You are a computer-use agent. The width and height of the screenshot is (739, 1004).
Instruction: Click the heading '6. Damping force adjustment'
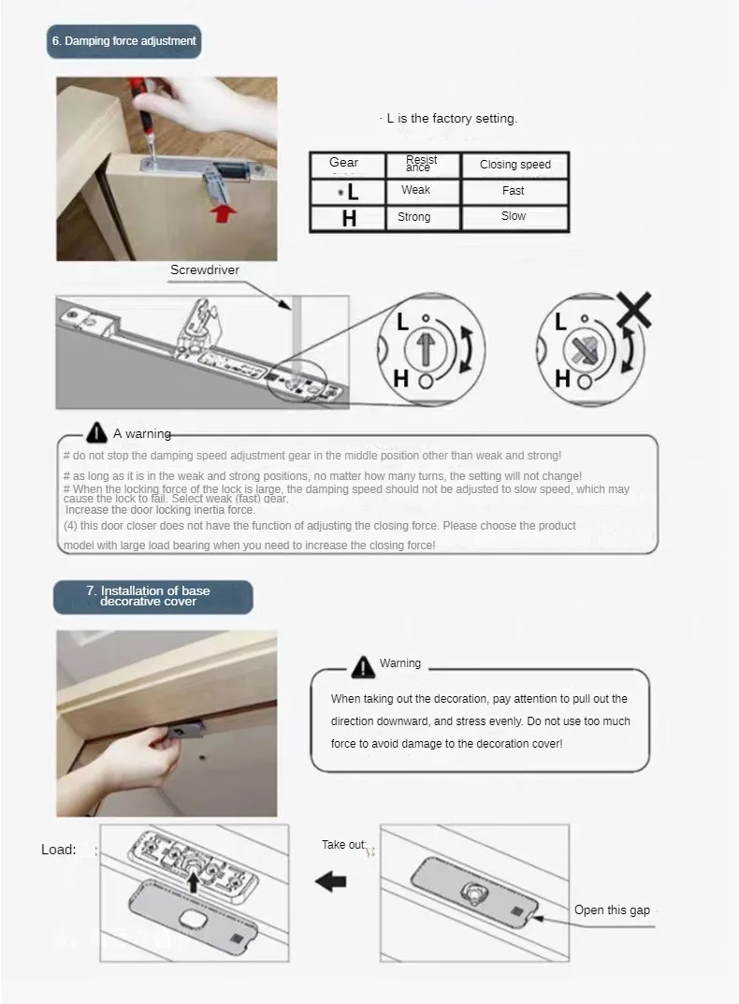(x=124, y=41)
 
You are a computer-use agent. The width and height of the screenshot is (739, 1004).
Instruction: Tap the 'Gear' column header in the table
(x=344, y=163)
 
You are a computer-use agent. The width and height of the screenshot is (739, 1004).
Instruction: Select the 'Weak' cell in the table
(x=415, y=190)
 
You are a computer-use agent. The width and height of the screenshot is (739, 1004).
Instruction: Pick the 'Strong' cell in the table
(x=413, y=216)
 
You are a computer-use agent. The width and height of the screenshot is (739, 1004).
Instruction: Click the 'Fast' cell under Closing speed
(x=513, y=190)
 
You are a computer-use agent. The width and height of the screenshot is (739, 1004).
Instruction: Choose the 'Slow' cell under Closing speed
(x=514, y=216)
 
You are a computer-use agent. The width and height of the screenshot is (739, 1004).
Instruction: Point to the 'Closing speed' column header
(x=515, y=164)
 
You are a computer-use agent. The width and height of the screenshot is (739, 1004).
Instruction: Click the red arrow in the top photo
(x=224, y=213)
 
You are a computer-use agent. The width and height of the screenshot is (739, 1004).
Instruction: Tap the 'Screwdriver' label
(x=205, y=269)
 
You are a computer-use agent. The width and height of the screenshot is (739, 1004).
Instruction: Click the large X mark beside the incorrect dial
(x=634, y=310)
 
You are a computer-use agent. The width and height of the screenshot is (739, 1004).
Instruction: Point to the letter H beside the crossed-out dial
(x=562, y=379)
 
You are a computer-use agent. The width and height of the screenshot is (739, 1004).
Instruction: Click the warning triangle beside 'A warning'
(x=96, y=432)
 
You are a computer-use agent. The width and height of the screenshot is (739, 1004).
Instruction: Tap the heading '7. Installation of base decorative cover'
(x=149, y=596)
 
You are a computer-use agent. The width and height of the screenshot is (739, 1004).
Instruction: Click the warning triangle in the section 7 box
(x=363, y=666)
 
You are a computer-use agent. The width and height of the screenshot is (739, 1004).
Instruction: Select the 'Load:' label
(x=58, y=850)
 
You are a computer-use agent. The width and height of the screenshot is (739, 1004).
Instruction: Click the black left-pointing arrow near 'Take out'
(x=331, y=881)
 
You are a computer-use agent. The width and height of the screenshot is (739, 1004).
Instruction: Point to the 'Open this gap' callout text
(x=612, y=909)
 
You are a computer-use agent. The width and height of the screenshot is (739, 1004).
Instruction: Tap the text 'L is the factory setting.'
(x=452, y=119)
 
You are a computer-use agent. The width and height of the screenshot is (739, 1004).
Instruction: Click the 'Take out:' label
(x=344, y=845)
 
